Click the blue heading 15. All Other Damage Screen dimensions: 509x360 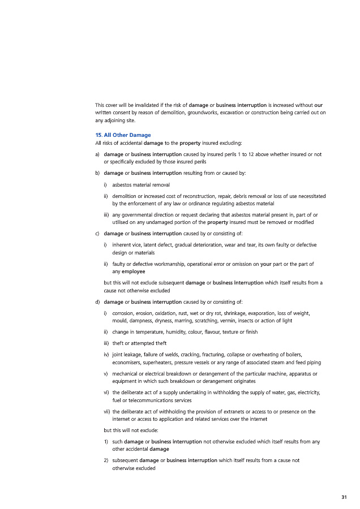[123, 135]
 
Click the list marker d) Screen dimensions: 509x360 [98, 301]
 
